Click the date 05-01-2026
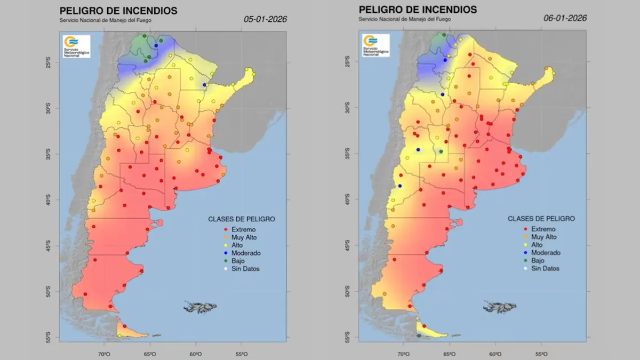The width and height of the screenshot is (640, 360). (265, 19)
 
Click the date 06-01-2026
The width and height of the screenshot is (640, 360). (565, 18)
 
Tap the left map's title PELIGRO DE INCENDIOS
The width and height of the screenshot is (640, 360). (118, 11)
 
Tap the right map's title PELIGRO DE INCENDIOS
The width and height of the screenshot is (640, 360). (418, 10)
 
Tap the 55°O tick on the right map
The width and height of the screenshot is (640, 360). (541, 354)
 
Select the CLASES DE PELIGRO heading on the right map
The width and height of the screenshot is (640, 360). (541, 219)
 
